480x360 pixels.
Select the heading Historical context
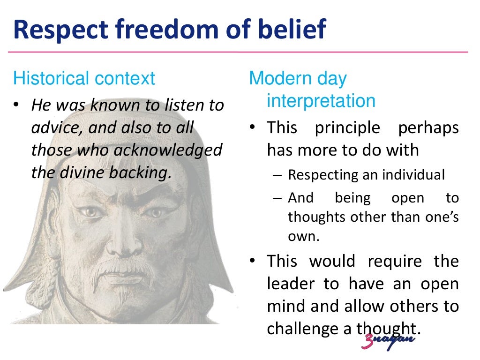(84, 78)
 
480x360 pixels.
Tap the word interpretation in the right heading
(321, 101)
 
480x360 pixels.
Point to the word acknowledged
(167, 150)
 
